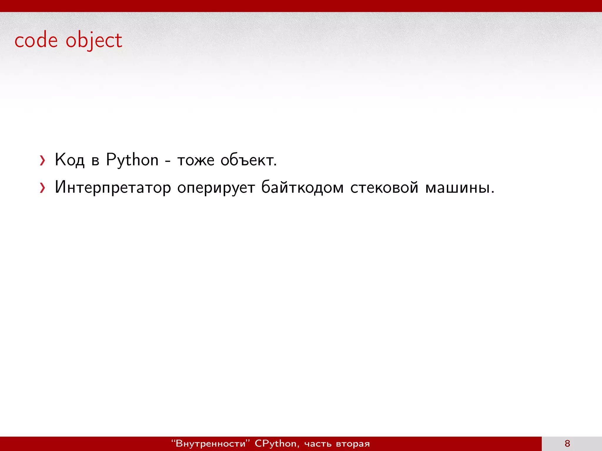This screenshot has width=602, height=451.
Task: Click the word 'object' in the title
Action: tap(94, 41)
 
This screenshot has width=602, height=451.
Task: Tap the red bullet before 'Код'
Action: tap(43, 161)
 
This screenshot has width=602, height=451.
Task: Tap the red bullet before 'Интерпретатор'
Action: tap(43, 188)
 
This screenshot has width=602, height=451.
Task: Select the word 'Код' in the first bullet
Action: tap(70, 160)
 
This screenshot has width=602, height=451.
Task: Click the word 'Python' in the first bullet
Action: tap(132, 160)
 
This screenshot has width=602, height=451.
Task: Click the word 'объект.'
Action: tap(249, 160)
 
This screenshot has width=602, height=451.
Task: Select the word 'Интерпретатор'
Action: tap(113, 187)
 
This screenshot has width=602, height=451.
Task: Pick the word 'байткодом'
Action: tap(302, 187)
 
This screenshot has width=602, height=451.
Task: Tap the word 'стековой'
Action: tap(384, 187)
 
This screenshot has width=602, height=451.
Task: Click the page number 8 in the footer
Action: tap(567, 443)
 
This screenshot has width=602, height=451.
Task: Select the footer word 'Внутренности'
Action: tap(210, 443)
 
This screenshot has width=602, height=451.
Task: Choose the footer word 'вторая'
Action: tap(353, 444)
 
